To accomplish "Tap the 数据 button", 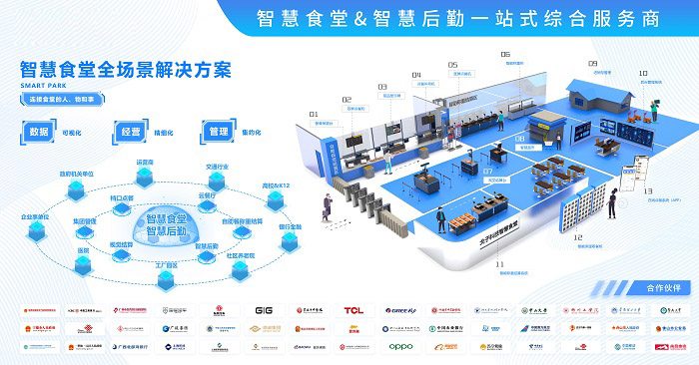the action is click(x=40, y=131).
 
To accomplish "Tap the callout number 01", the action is click(x=313, y=115).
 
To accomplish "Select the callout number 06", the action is click(x=505, y=54).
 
